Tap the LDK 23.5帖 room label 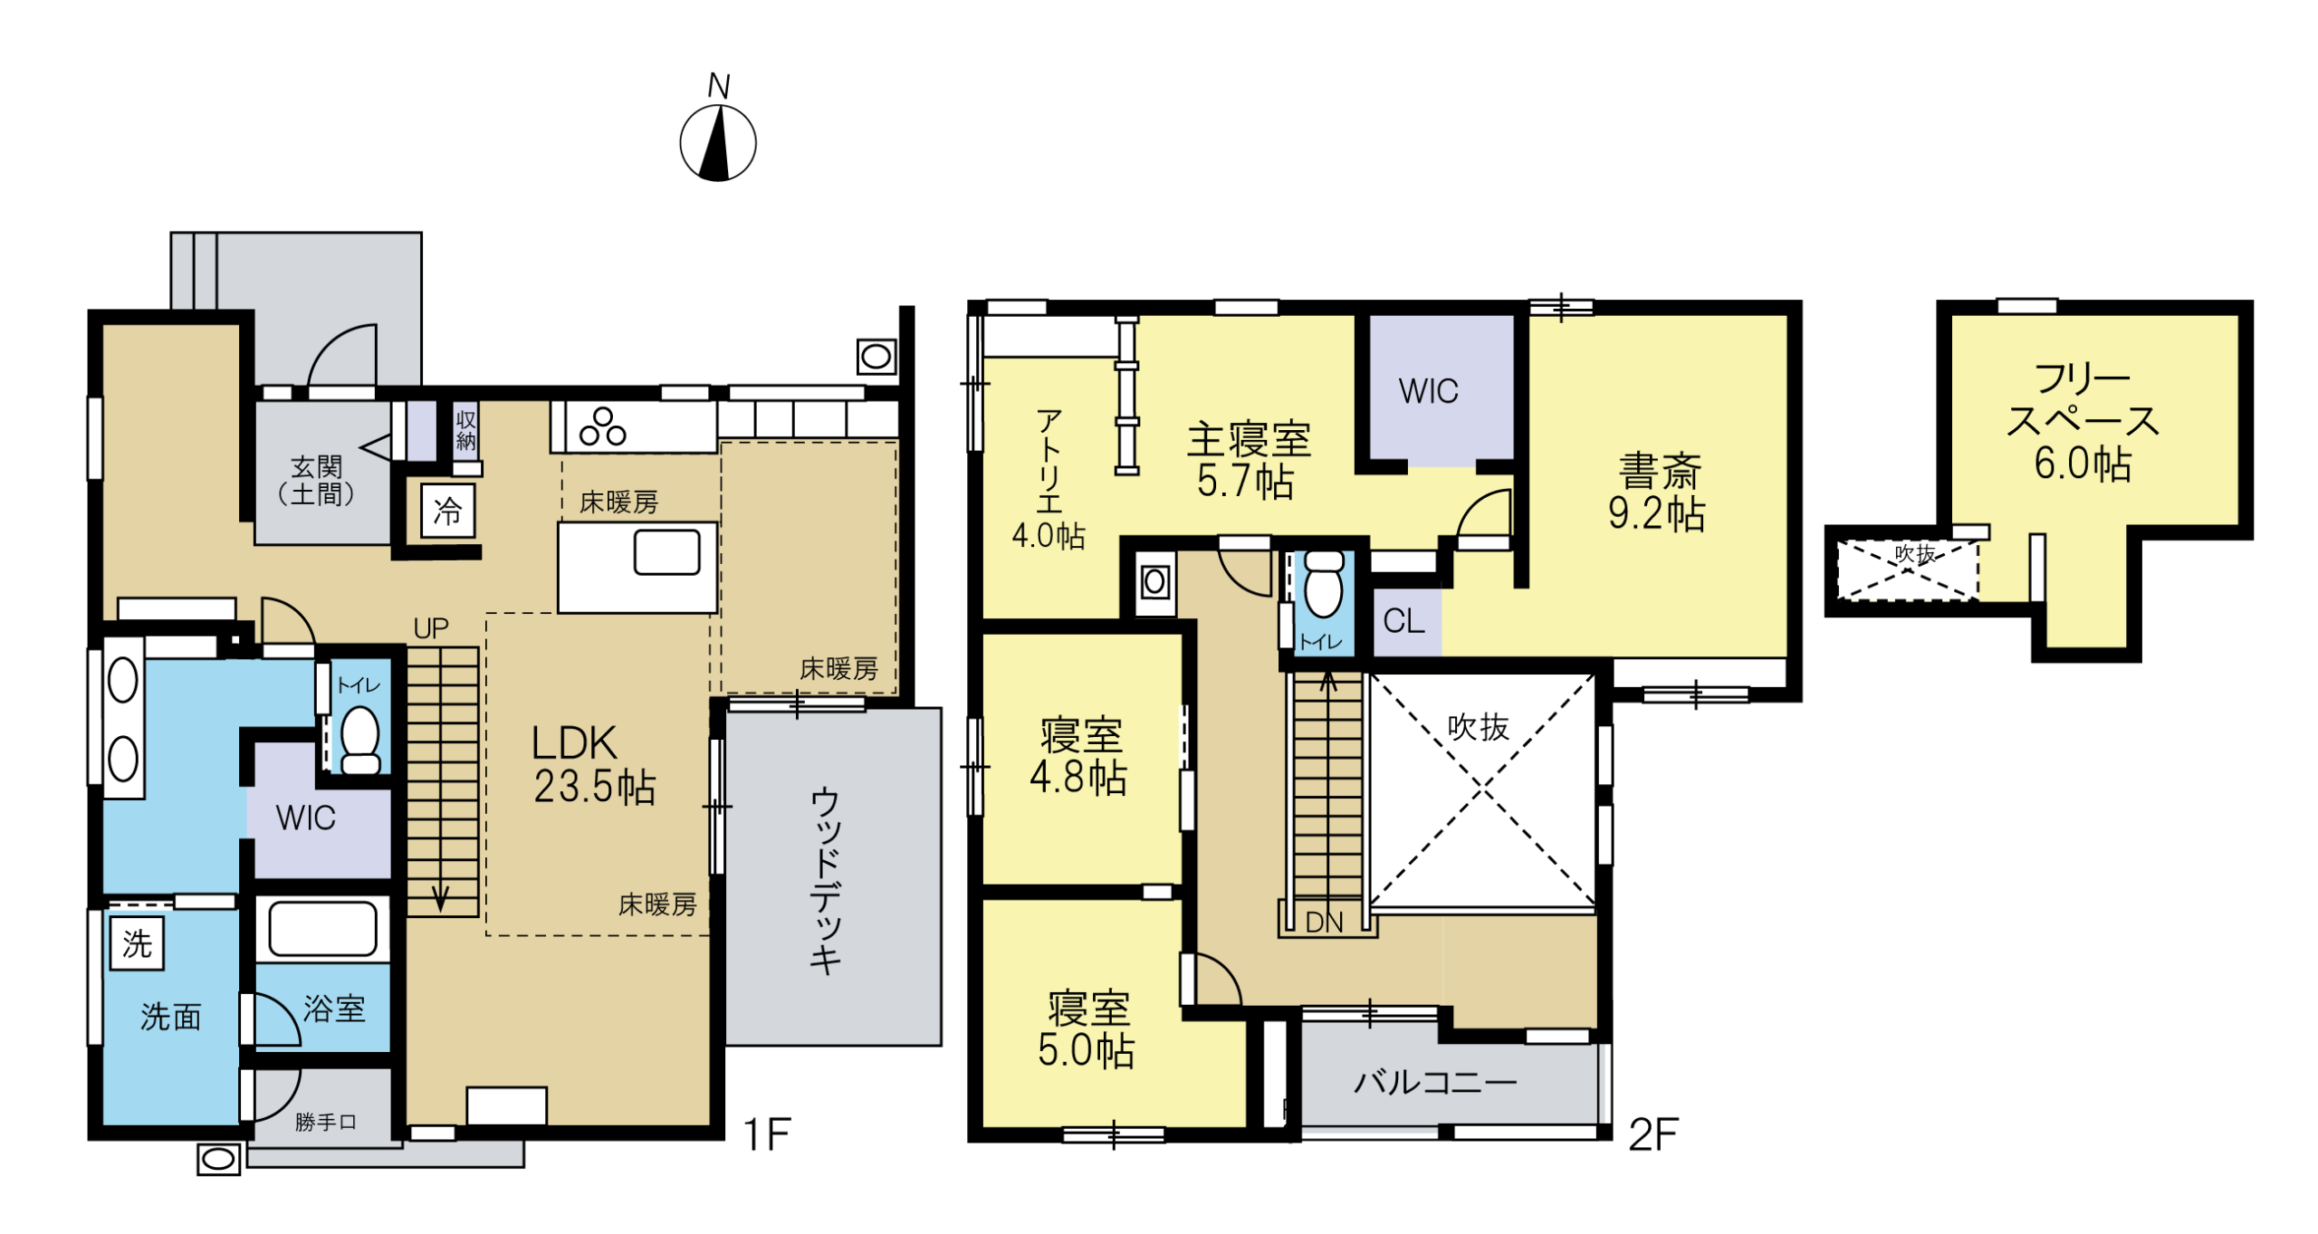click(593, 765)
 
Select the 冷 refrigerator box click(448, 512)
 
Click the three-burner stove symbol click(603, 427)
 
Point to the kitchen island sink click(666, 552)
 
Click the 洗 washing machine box click(137, 943)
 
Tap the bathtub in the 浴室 click(322, 928)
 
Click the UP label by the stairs click(431, 628)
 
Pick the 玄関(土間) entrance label click(316, 480)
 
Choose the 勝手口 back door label click(326, 1123)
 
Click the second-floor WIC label click(1428, 391)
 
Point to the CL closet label click(1403, 621)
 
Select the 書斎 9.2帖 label click(1656, 492)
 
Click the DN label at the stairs click(1324, 923)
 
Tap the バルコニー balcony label click(1435, 1082)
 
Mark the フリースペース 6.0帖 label click(2083, 421)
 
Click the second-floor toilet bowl click(1324, 584)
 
